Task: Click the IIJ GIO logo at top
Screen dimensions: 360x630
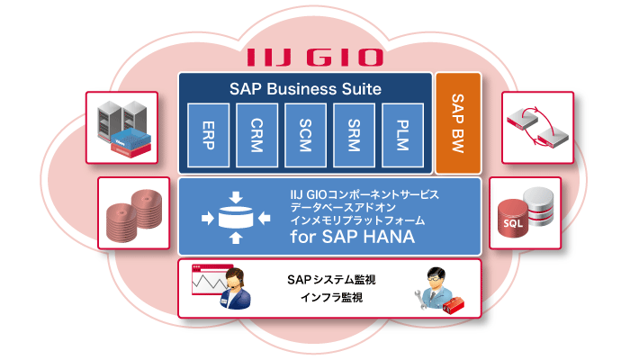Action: coord(314,56)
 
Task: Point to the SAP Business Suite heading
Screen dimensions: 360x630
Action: coord(306,89)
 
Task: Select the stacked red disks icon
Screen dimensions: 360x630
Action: coord(132,213)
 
